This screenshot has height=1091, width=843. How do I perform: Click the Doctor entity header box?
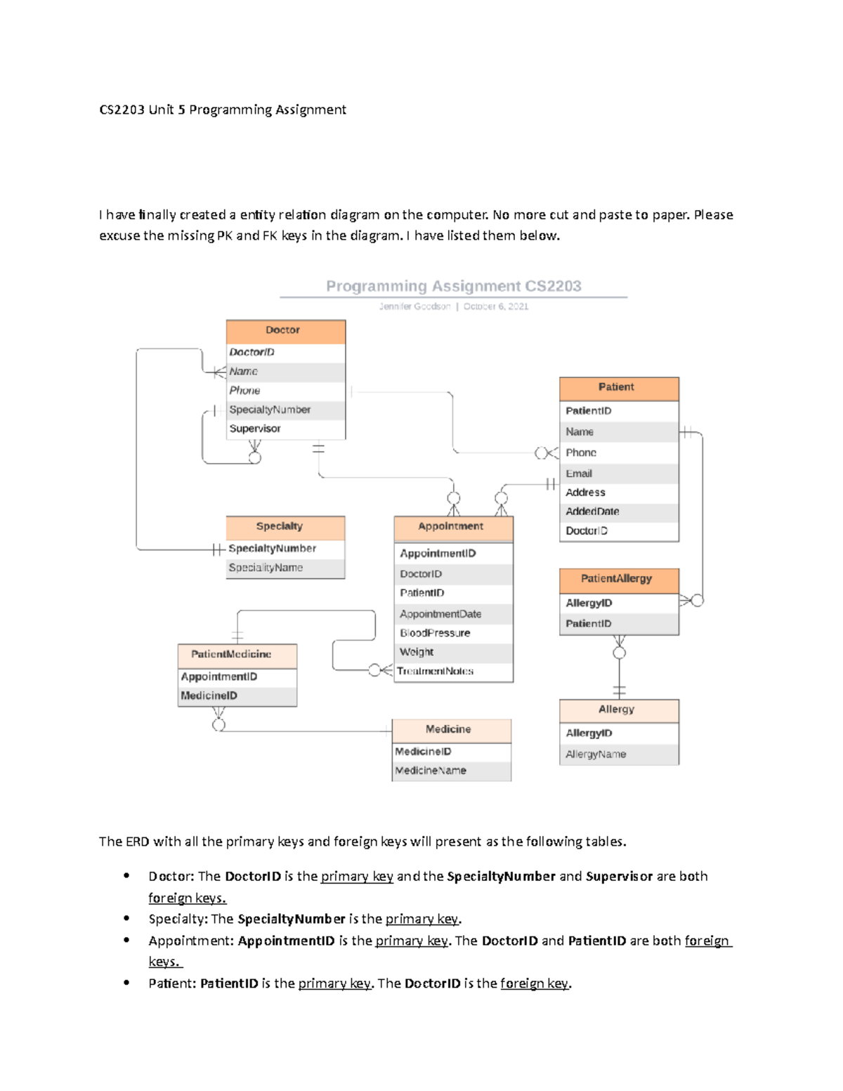(285, 331)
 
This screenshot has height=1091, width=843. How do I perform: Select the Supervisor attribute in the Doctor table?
(255, 429)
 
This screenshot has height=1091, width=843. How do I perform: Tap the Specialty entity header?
(285, 527)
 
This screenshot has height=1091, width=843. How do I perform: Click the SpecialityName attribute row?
(266, 568)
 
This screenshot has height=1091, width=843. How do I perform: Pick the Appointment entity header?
(453, 527)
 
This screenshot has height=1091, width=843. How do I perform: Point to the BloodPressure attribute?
(435, 633)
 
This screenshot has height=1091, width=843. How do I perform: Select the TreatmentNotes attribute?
(436, 672)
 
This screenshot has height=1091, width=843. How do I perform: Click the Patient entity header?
(618, 388)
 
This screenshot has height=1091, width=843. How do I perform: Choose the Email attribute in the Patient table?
(579, 473)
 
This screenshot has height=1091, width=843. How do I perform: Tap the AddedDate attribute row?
(592, 511)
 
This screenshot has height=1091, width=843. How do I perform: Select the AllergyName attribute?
(596, 754)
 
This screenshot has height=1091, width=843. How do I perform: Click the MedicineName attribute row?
(431, 771)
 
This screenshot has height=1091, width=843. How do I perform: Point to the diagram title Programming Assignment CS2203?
(453, 286)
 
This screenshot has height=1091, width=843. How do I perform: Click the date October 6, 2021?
(496, 306)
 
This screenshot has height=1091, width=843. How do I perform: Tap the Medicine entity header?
(451, 730)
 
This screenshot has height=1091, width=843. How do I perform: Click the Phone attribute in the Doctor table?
(244, 391)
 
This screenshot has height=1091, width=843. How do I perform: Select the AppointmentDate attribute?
(440, 614)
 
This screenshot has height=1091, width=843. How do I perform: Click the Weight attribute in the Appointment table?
(417, 652)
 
